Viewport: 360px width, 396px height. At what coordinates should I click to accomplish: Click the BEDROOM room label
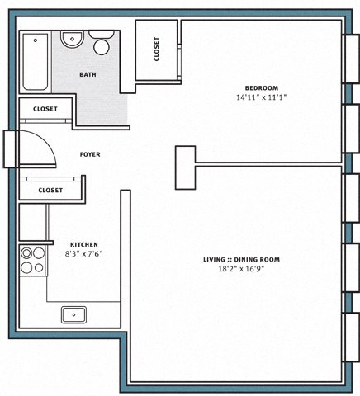(262, 88)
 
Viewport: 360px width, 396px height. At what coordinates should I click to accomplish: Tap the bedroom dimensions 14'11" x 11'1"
(262, 97)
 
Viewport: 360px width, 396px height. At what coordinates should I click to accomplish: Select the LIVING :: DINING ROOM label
(241, 259)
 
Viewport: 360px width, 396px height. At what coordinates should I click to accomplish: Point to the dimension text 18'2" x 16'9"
(241, 269)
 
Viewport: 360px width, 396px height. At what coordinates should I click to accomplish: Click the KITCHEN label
(84, 244)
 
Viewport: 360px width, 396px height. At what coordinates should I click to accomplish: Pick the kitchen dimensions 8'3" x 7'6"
(83, 254)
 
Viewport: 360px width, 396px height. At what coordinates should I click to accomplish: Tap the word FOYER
(90, 154)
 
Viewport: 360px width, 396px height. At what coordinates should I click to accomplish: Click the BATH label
(88, 74)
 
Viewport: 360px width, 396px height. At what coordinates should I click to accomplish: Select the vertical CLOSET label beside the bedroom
(157, 49)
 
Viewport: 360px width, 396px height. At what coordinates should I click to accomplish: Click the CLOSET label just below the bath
(45, 109)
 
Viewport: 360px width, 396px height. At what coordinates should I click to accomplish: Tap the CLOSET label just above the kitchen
(50, 190)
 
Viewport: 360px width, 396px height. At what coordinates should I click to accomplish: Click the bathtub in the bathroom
(36, 62)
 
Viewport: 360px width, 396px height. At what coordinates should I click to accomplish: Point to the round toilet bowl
(102, 47)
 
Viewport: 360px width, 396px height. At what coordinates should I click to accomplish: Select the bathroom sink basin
(72, 40)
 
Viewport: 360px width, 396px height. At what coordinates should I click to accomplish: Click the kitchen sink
(73, 314)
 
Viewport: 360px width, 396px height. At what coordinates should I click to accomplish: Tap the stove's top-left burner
(26, 253)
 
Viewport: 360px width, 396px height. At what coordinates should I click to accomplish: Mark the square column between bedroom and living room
(186, 167)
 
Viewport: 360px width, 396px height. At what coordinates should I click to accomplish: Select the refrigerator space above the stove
(32, 222)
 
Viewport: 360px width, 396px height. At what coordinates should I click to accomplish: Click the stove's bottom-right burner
(39, 267)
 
